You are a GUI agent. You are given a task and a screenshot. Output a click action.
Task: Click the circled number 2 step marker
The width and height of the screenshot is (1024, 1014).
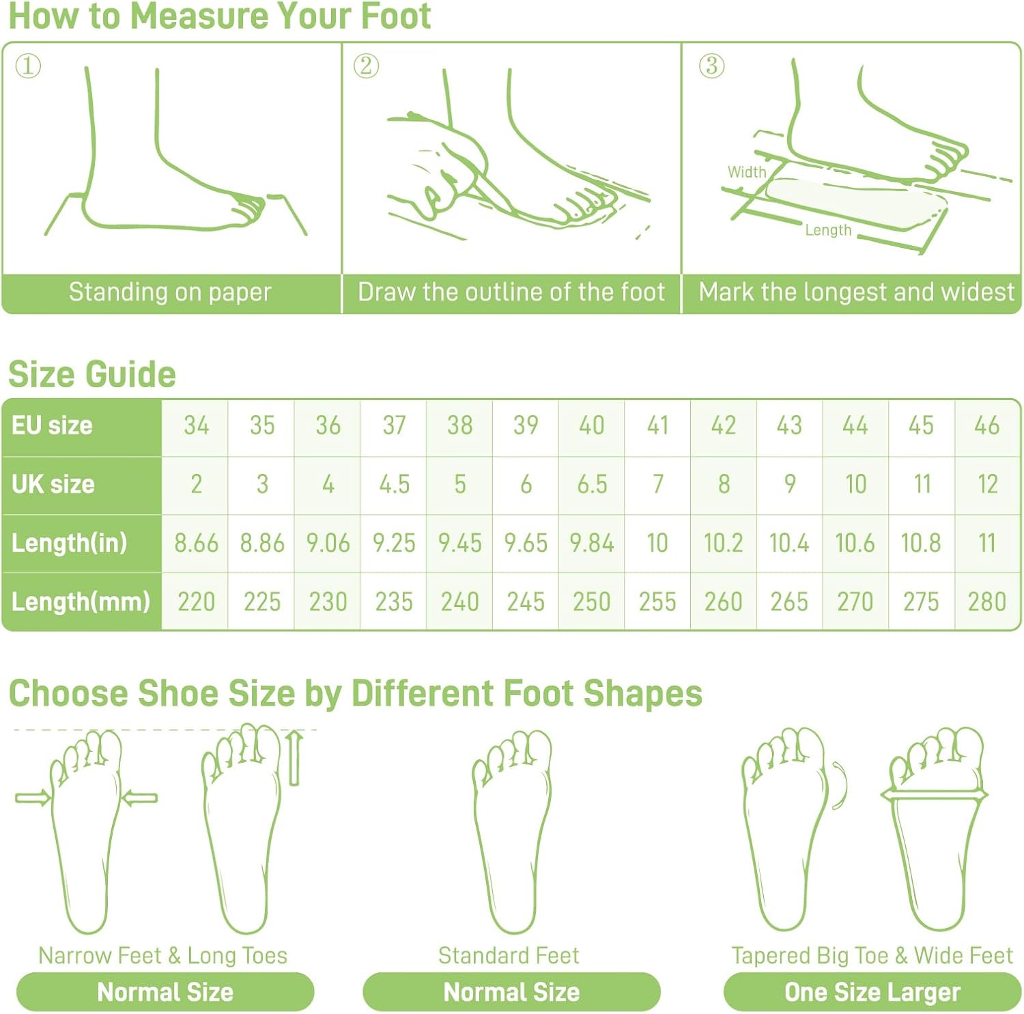pyautogui.click(x=366, y=66)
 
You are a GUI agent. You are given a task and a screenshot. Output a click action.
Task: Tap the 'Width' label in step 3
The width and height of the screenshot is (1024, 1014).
pyautogui.click(x=747, y=172)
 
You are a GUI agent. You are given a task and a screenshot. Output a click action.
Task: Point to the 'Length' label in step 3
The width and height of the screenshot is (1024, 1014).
pyautogui.click(x=828, y=230)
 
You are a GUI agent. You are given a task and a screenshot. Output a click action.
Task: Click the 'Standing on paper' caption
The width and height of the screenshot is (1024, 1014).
pyautogui.click(x=170, y=292)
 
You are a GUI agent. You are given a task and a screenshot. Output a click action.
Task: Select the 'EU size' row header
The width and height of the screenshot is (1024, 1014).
pyautogui.click(x=52, y=425)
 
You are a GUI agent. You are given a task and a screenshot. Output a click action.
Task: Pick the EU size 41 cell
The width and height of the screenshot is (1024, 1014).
pyautogui.click(x=657, y=425)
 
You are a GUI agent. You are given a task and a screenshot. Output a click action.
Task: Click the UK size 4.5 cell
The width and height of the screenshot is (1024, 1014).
pyautogui.click(x=394, y=484)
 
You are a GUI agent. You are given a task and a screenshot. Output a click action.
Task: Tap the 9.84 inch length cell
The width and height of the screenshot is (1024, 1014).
pyautogui.click(x=592, y=543)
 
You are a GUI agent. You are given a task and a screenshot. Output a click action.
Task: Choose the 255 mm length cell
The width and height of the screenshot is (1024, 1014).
pyautogui.click(x=657, y=602)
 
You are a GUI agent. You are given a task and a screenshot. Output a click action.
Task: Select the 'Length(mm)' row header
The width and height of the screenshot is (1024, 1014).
pyautogui.click(x=81, y=602)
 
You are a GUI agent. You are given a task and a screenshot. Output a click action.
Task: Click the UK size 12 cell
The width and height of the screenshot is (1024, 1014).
pyautogui.click(x=987, y=484)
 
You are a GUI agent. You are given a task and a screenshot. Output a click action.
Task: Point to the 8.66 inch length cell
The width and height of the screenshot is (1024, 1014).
pyautogui.click(x=196, y=543)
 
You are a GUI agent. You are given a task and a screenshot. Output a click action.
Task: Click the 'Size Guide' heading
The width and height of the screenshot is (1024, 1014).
pyautogui.click(x=92, y=374)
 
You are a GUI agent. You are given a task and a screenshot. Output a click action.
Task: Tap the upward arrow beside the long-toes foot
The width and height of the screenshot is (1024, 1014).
pyautogui.click(x=294, y=758)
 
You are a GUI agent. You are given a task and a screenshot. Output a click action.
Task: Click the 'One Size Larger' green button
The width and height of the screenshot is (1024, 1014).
pyautogui.click(x=872, y=992)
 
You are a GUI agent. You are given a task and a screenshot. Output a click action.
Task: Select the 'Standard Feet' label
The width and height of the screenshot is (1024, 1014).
pyautogui.click(x=509, y=955)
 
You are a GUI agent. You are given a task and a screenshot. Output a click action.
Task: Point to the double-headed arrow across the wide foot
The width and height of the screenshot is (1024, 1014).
pyautogui.click(x=934, y=795)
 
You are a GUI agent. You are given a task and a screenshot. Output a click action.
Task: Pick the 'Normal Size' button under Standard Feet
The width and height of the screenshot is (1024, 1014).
pyautogui.click(x=511, y=992)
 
